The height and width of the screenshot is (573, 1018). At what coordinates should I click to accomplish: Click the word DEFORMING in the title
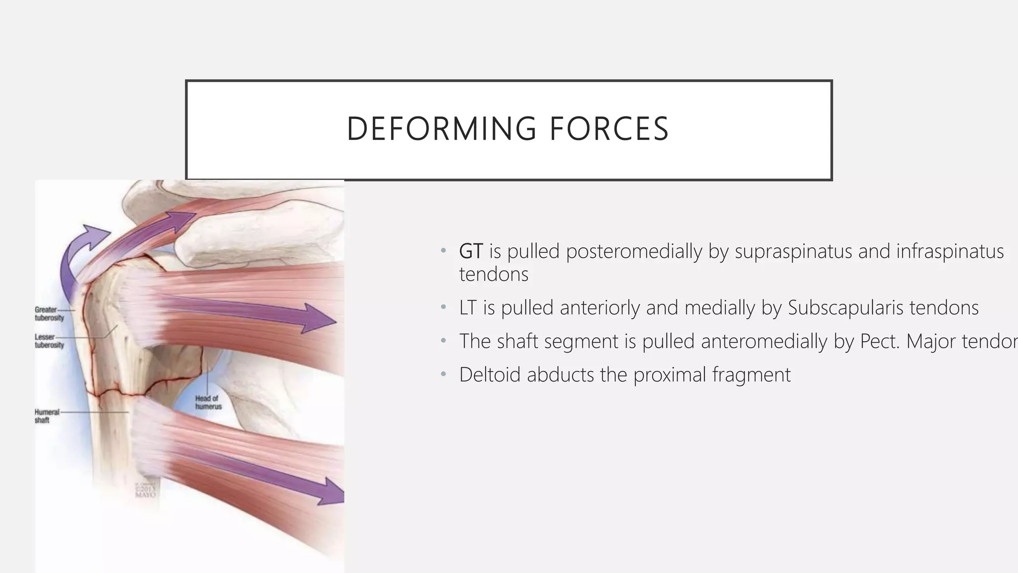[441, 129]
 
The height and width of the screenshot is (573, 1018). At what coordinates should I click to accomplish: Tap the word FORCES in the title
[609, 129]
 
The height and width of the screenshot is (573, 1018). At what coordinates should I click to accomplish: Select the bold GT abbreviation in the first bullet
[470, 251]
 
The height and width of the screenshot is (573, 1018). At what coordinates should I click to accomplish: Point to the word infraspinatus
[949, 251]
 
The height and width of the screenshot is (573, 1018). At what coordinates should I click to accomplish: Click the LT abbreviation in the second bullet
[468, 308]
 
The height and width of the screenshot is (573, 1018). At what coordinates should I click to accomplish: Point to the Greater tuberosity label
[49, 313]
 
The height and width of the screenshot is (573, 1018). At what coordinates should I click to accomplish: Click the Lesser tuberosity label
[49, 341]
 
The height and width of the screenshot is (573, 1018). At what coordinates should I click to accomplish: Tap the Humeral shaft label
[46, 416]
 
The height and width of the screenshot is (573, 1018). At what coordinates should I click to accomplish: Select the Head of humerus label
[208, 402]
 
